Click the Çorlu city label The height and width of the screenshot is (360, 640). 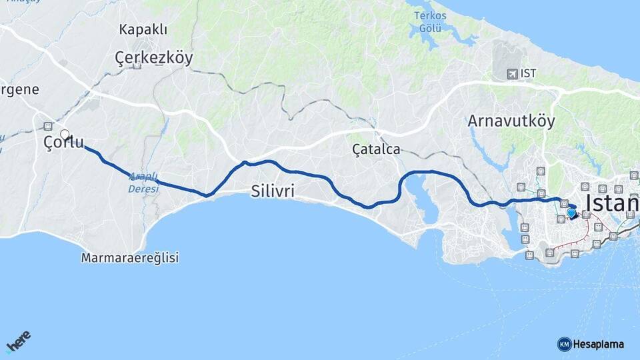[x=64, y=142]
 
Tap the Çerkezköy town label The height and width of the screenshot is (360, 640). [x=154, y=58]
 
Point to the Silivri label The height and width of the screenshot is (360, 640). [x=273, y=192]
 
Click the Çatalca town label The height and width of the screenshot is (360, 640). [x=377, y=149]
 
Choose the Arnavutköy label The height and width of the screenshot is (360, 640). [x=511, y=121]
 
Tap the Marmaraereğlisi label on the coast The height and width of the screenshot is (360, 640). [x=130, y=257]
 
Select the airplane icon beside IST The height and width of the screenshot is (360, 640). [x=511, y=73]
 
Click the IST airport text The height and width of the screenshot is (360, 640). [x=529, y=73]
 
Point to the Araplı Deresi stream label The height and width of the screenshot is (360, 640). [x=143, y=183]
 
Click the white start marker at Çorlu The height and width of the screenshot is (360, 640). [x=65, y=134]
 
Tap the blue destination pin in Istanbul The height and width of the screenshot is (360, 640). [x=571, y=213]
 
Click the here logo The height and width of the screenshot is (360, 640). [x=18, y=343]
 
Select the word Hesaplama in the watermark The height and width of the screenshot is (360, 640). [x=599, y=345]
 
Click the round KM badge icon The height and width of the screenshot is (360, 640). [x=564, y=345]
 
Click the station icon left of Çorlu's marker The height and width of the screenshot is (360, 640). [x=48, y=126]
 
